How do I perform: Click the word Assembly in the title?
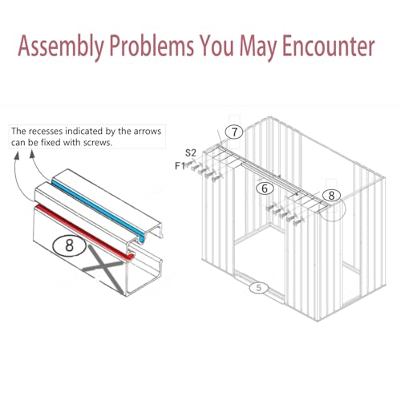[x=61, y=47]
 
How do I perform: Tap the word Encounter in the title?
[x=328, y=46]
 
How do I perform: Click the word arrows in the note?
[x=148, y=132]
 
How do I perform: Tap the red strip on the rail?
[x=85, y=232]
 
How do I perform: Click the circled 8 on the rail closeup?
[x=70, y=245]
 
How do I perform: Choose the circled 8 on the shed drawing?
[x=331, y=195]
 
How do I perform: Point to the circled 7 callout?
[x=234, y=132]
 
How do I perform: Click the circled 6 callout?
[x=265, y=188]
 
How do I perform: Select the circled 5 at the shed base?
[x=258, y=288]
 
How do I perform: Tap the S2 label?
[x=191, y=153]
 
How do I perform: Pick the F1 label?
[x=180, y=166]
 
